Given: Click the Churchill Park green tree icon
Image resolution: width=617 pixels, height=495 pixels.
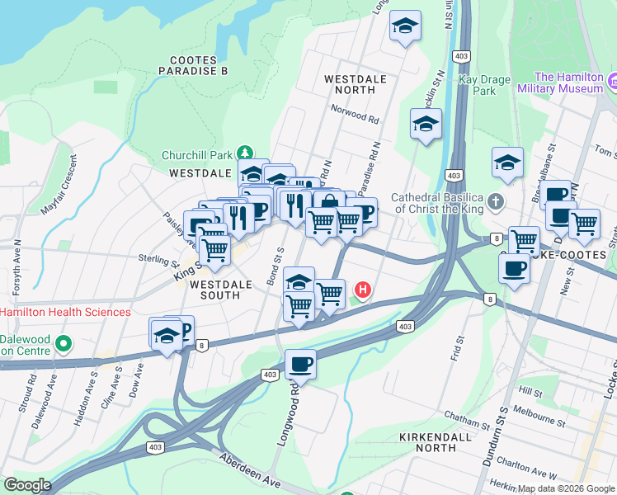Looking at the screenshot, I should point(245,153).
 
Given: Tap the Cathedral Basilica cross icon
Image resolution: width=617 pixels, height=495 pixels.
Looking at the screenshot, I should point(494,200).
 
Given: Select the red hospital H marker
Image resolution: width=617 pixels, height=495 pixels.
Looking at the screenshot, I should point(362,290).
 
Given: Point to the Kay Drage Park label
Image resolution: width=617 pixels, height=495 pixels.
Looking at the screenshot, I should point(479,85).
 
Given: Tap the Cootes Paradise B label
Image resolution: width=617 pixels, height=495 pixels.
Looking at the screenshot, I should point(198,66).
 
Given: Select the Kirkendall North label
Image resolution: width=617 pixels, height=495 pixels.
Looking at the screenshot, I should point(426,441).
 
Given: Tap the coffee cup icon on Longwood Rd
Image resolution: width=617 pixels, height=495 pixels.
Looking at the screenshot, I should point(300,364).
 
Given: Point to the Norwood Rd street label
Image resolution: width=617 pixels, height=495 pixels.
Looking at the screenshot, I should point(355,114).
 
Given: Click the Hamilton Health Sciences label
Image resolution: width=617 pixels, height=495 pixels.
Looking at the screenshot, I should point(65,312).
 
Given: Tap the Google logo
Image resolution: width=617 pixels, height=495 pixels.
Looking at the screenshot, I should point(27,485).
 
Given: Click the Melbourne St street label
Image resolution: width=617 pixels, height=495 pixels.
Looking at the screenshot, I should point(538,414).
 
